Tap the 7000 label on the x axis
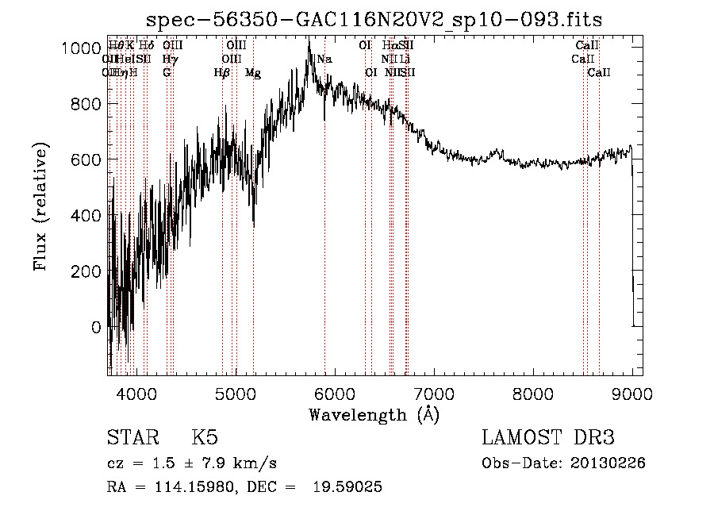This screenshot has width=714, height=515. tap(433, 393)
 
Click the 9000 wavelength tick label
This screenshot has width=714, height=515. tap(631, 393)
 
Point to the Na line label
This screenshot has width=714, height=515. tap(324, 59)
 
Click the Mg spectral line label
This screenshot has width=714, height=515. tap(253, 73)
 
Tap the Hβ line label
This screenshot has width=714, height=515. tap(222, 73)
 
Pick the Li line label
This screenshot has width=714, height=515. tap(405, 59)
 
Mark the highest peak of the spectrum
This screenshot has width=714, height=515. tap(309, 41)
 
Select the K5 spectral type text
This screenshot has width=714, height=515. tap(205, 437)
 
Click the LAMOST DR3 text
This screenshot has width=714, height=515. tap(548, 437)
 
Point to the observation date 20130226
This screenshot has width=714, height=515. tap(612, 463)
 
